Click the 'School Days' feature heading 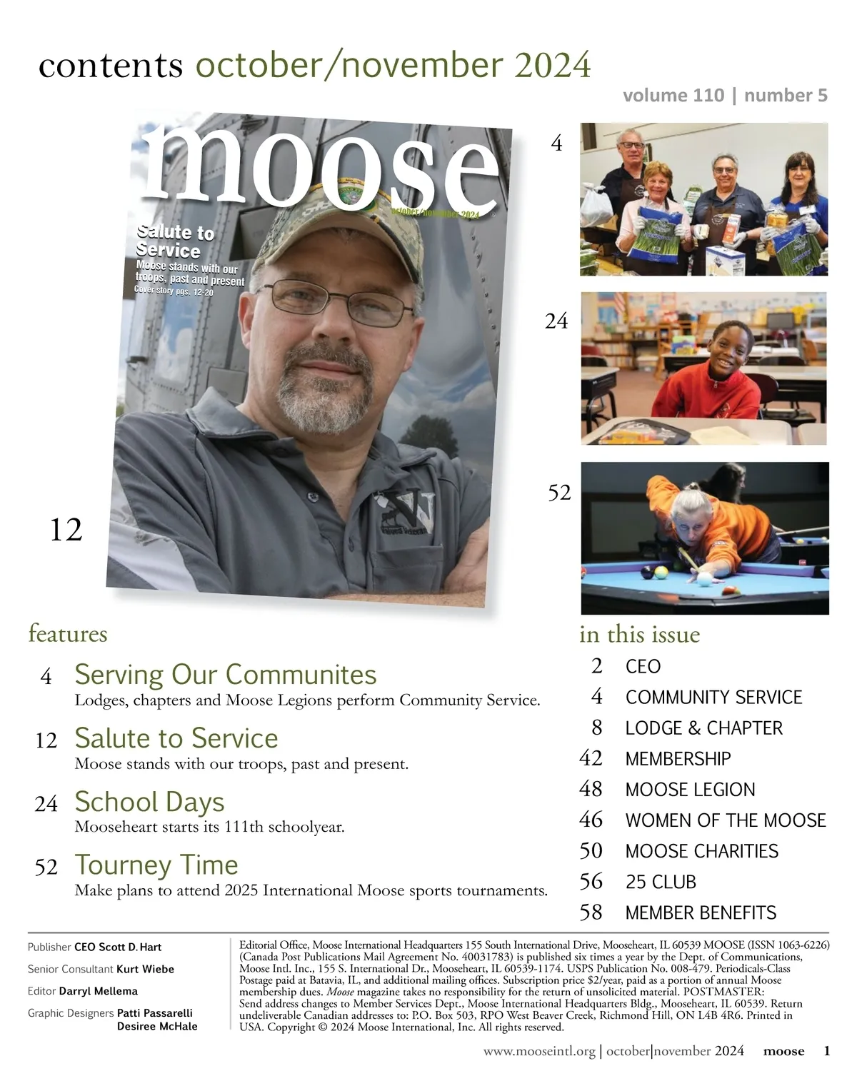149,802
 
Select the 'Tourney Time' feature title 156,865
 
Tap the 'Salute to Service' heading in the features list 176,738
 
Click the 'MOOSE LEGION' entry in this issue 690,790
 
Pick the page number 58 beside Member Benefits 591,912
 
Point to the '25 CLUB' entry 661,883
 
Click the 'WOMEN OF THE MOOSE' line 726,820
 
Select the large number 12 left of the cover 66,531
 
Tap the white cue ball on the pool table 705,579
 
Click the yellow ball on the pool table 662,572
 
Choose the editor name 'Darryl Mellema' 98,991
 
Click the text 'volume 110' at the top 673,96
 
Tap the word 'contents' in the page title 111,66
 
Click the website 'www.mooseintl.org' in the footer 539,1051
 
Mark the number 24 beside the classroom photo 556,322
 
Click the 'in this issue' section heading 639,634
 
